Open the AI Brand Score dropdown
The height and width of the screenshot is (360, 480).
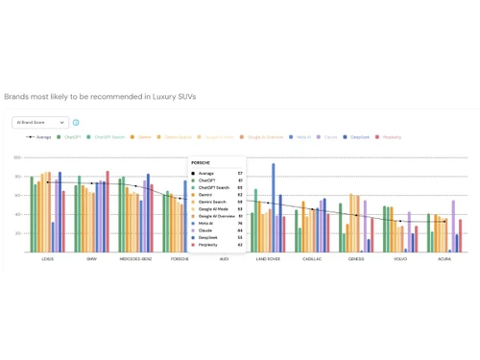click(40, 123)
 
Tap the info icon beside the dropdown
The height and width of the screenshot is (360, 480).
click(76, 123)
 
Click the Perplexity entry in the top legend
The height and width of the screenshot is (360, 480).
click(389, 137)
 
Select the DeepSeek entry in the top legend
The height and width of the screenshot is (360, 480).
click(356, 137)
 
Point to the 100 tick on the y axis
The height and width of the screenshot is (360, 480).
click(17, 158)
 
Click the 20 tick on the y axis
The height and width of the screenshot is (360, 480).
click(17, 233)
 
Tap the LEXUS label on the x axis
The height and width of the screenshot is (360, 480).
click(48, 259)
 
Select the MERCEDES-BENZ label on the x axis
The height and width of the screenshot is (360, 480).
click(135, 259)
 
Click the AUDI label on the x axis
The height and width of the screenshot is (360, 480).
click(224, 259)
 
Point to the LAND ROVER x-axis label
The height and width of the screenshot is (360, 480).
click(268, 259)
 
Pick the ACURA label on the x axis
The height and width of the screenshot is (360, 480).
click(444, 259)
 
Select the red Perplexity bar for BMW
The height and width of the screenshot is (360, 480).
click(108, 211)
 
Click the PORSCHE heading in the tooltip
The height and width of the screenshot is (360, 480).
click(201, 163)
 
